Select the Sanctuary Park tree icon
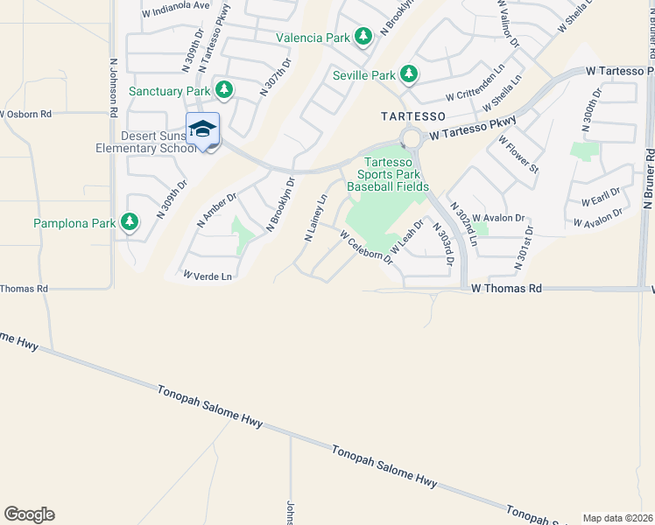(224, 89)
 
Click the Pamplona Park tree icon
(130, 222)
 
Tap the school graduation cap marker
(202, 129)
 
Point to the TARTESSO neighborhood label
(413, 115)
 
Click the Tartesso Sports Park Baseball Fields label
(388, 174)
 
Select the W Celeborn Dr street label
(367, 248)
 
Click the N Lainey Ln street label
(315, 218)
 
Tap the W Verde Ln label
(208, 276)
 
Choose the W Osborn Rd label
(26, 114)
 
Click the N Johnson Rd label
(113, 88)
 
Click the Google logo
(29, 514)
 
